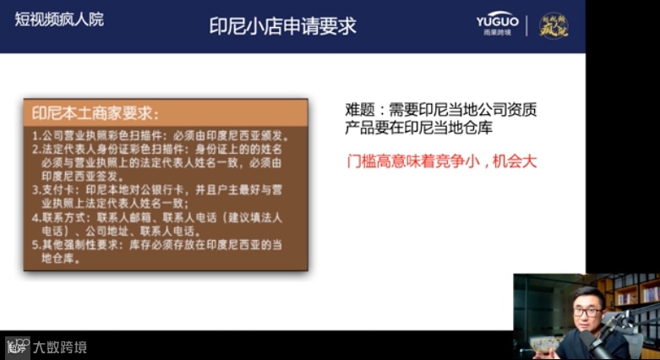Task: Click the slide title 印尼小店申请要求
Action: click(282, 25)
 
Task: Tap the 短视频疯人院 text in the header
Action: click(59, 19)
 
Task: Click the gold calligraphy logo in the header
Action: click(554, 25)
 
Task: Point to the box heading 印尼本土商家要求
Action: click(95, 113)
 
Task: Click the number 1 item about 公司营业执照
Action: click(161, 135)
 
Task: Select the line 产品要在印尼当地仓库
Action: click(417, 128)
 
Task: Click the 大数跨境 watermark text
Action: click(60, 347)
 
